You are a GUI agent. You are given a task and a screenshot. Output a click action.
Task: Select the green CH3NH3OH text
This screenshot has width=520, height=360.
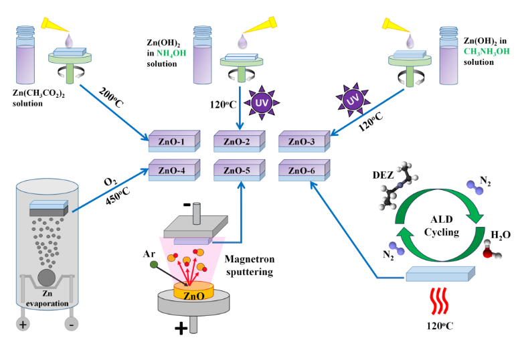[x=483, y=53]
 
